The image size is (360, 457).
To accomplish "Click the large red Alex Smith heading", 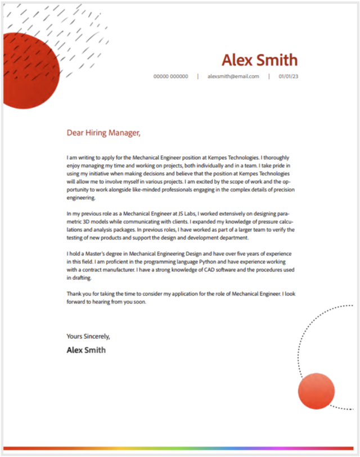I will coord(259,60).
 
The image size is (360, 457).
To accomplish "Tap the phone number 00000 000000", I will coord(171,76).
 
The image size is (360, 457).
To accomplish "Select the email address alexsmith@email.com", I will coord(233,76).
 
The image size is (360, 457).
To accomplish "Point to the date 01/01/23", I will coord(288,76).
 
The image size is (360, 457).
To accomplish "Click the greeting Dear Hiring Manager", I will coord(103,133).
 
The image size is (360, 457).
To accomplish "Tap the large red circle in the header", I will coord(28,71).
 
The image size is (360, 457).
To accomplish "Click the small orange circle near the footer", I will coord(316,391).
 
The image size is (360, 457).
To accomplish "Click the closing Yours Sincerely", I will coord(88,336).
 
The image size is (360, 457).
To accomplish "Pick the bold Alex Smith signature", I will coord(86,350).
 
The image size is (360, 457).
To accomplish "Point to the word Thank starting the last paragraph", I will coord(74,293).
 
